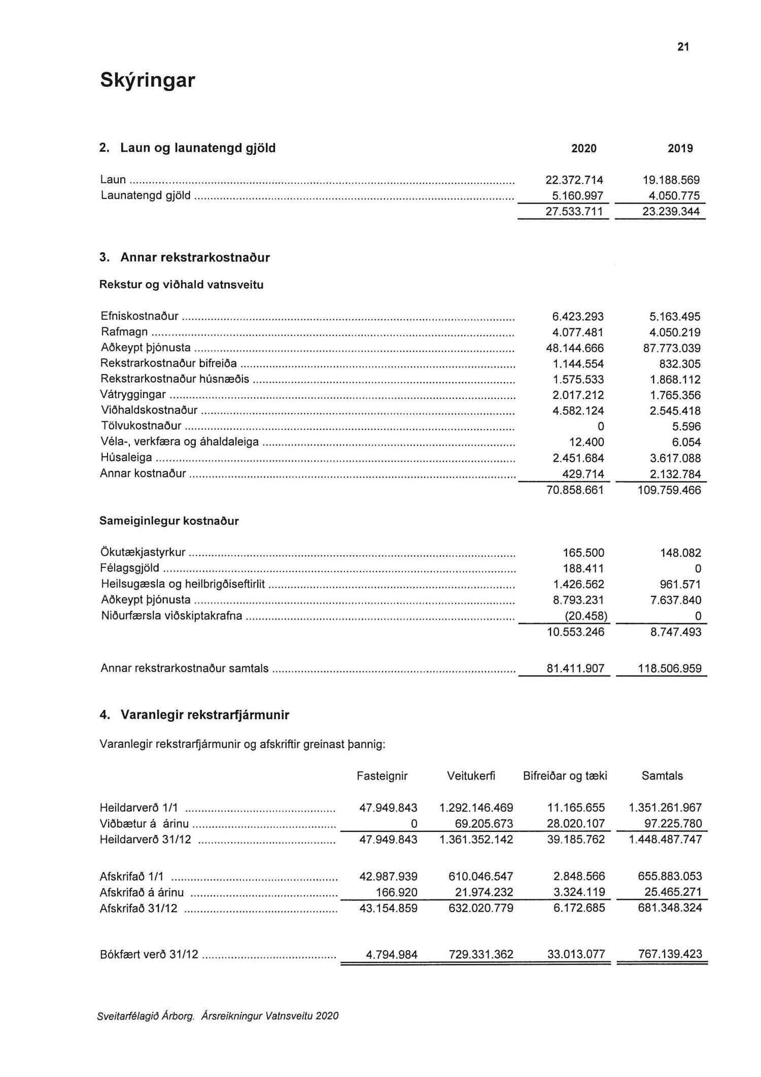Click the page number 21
click(x=683, y=47)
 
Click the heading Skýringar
click(x=147, y=80)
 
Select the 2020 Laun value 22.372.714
click(x=574, y=180)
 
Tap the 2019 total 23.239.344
click(x=671, y=212)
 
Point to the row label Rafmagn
click(x=124, y=332)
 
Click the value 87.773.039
click(x=671, y=348)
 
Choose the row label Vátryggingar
click(x=133, y=395)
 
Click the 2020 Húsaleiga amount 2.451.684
click(x=578, y=458)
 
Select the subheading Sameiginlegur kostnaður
click(x=169, y=521)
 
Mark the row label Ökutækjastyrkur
click(x=143, y=552)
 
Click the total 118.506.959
click(x=669, y=668)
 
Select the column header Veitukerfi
click(x=471, y=776)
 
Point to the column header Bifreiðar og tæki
click(x=565, y=776)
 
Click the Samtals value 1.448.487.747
click(x=665, y=839)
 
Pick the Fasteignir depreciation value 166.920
click(x=396, y=892)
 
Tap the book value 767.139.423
click(x=670, y=954)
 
